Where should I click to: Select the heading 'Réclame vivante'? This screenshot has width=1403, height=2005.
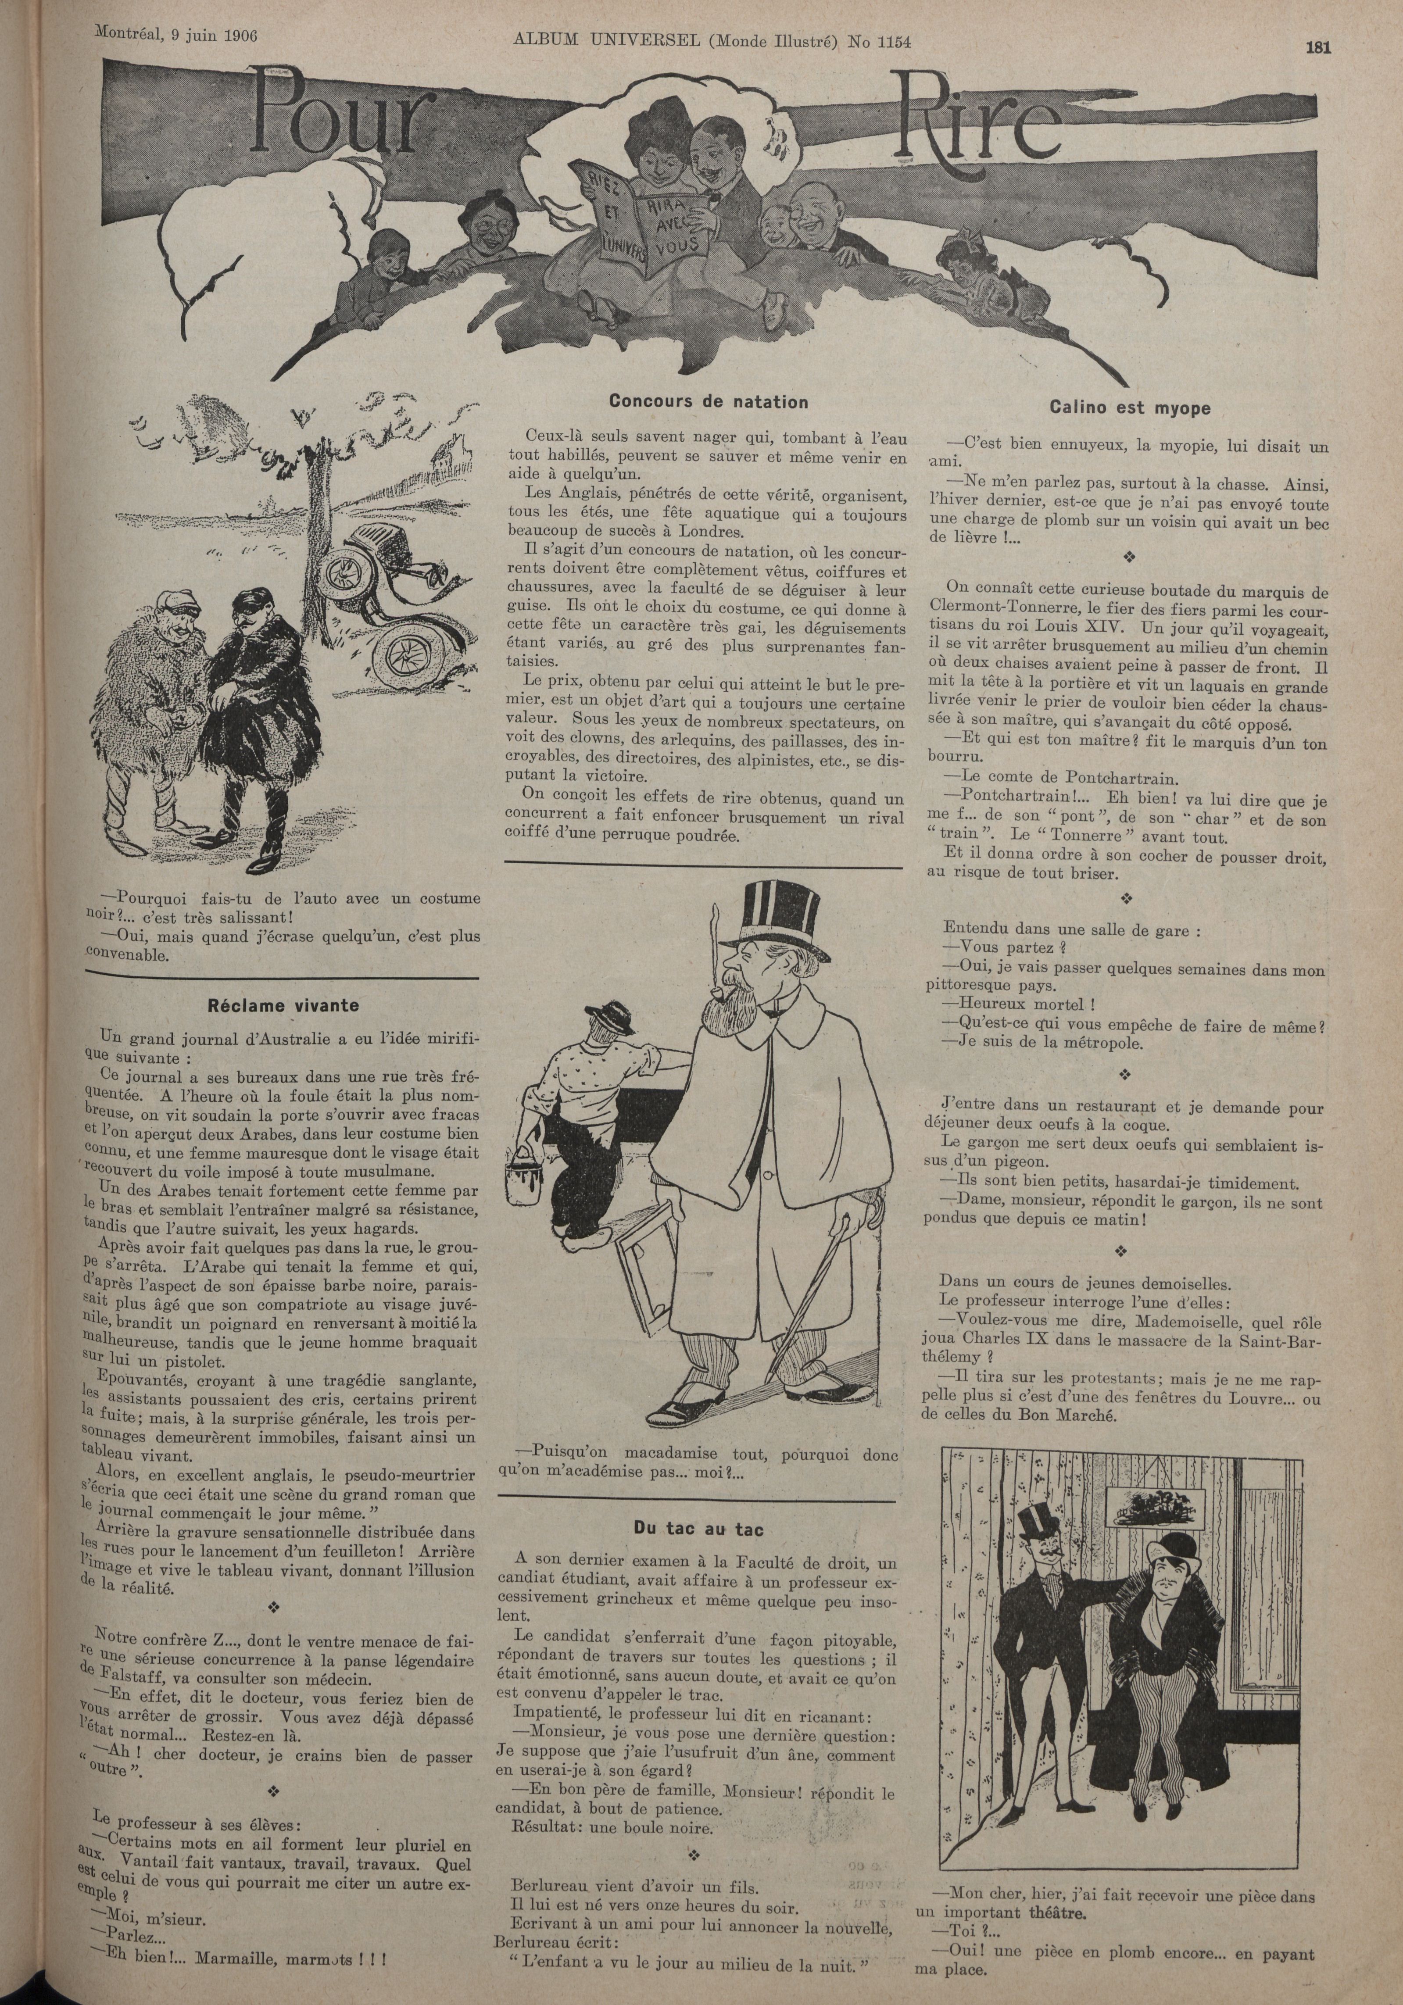tap(283, 1005)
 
